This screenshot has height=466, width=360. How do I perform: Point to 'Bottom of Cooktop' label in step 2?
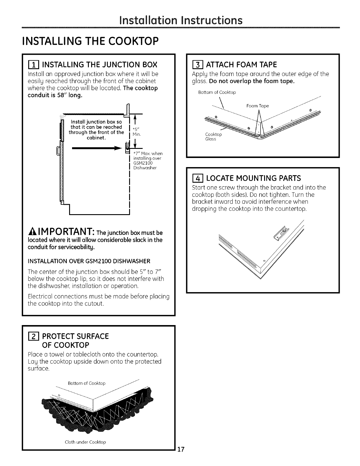pyautogui.click(x=86, y=383)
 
